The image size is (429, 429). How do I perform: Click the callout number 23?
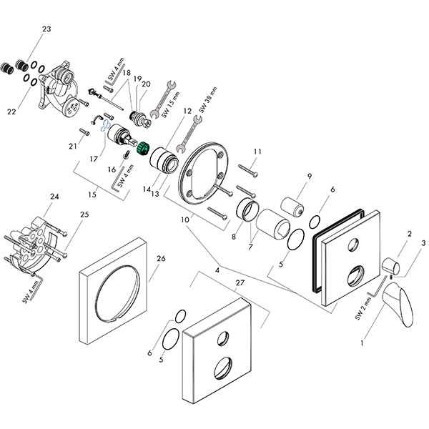tap(47, 29)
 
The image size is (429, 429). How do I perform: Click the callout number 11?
tap(257, 152)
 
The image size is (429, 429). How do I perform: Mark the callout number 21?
tap(72, 146)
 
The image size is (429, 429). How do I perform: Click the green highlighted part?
tap(142, 149)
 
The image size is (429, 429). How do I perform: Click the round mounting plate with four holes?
tap(205, 169)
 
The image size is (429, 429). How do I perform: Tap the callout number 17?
tap(92, 159)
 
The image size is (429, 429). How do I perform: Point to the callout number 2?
tap(409, 234)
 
